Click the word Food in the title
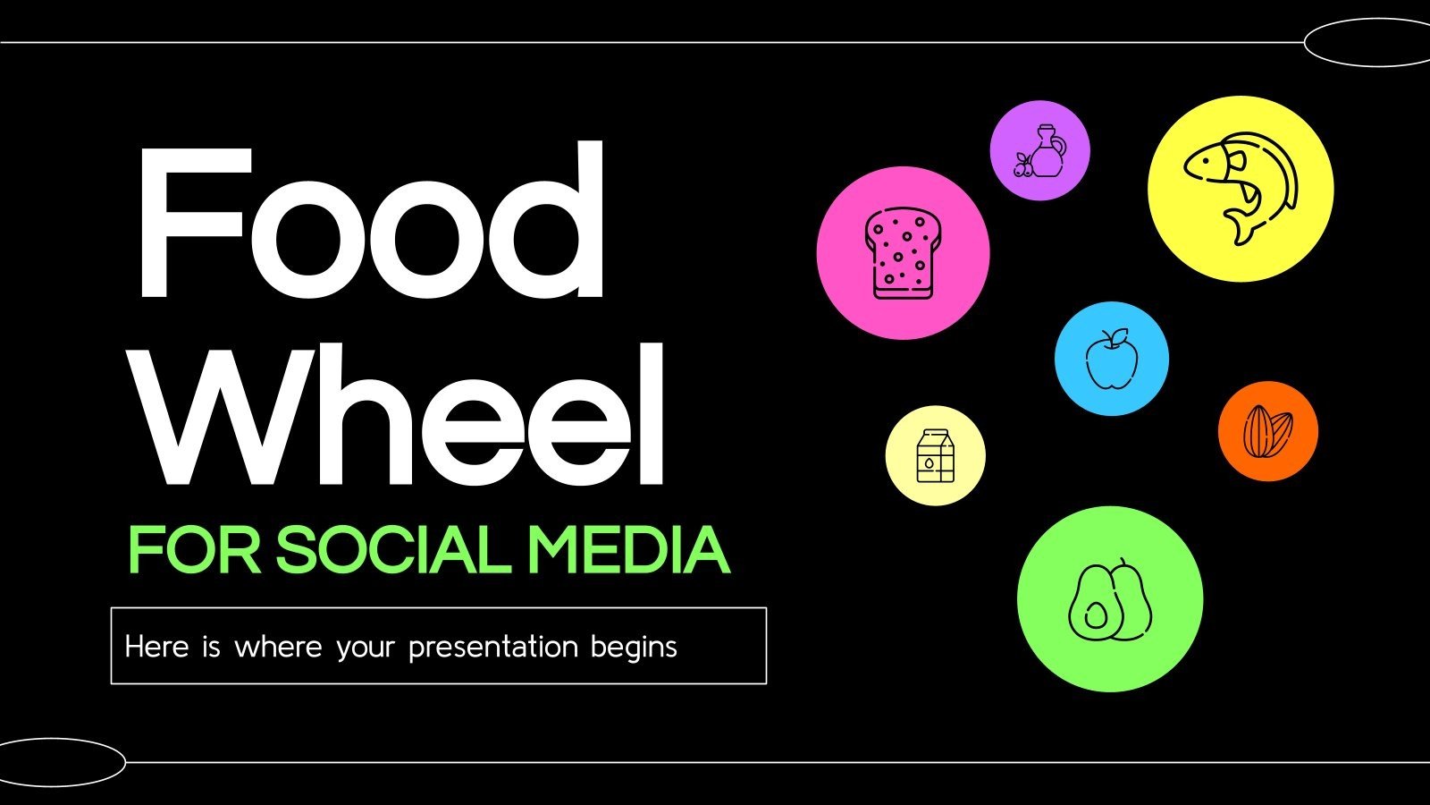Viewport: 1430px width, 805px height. pos(370,224)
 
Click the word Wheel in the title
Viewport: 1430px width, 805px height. pos(404,416)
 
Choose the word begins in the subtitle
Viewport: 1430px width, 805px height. pos(634,648)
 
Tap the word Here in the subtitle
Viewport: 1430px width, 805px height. pos(156,646)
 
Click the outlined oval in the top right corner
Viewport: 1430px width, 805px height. pos(1367,42)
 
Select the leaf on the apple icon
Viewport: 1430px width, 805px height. pos(1117,335)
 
